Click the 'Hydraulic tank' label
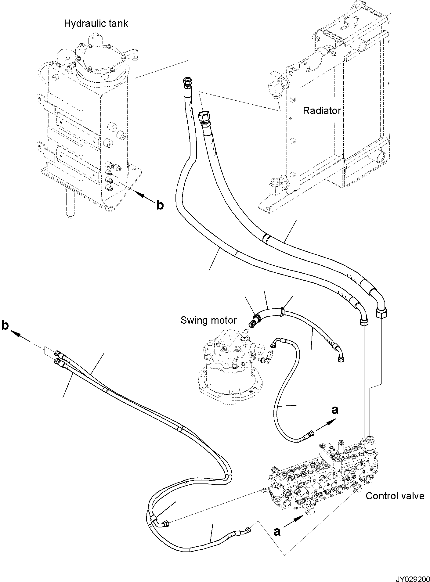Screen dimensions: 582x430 click(96, 23)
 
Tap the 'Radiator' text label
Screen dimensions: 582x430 click(322, 110)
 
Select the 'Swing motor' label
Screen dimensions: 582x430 click(208, 320)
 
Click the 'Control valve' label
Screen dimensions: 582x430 click(395, 496)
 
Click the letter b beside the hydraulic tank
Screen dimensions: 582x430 click(160, 205)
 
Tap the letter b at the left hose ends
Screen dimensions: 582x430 click(5, 326)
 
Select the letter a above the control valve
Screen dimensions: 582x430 click(335, 410)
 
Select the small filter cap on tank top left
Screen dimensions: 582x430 click(65, 58)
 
